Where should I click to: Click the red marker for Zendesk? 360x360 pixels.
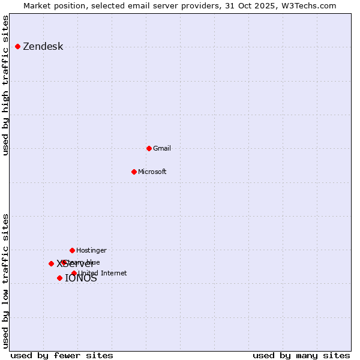tap(17, 46)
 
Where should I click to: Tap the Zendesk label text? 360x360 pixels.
tap(43, 47)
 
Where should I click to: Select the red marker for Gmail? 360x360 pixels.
tap(149, 148)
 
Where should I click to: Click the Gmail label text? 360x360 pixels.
tap(162, 149)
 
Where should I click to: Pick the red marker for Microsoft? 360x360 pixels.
tap(134, 172)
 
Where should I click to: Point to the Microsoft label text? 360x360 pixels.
tap(152, 172)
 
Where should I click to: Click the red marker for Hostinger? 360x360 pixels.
tap(72, 250)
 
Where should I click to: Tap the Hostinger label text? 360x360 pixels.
tap(91, 251)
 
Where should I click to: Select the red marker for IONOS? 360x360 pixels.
tap(59, 278)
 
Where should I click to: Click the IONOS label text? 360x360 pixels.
tap(80, 278)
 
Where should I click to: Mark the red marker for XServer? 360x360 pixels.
tap(51, 263)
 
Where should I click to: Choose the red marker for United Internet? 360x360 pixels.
tap(74, 273)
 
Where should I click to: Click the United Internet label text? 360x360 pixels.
tap(102, 274)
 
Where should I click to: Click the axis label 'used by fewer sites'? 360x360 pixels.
tap(62, 355)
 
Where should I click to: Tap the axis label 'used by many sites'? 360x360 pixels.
tap(301, 355)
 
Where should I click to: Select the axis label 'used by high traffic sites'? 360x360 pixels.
tap(6, 86)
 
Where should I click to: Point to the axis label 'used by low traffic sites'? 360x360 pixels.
tap(6, 280)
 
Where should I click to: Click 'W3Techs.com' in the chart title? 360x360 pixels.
tap(310, 5)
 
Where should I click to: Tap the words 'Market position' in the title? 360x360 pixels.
tap(53, 5)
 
